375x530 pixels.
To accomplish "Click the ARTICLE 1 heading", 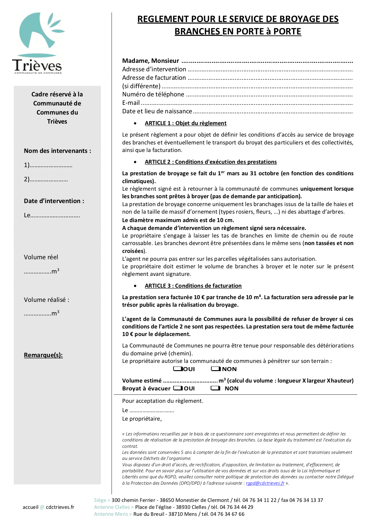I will coord(185,123).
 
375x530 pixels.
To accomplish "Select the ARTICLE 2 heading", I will coord(210,162).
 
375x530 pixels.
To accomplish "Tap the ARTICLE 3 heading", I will coord(193,286).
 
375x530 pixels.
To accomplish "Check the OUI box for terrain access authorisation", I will coord(178,369).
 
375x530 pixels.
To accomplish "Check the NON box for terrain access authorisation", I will coord(216,369).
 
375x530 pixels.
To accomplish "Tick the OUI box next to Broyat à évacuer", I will coord(178,388).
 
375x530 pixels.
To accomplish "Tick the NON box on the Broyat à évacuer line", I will coord(215,388).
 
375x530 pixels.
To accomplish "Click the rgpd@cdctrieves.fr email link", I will coord(265,483).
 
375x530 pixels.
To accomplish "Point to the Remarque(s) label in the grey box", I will coord(43,355).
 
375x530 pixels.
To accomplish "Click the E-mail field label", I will coord(131,103).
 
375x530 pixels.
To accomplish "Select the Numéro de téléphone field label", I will coord(153,95).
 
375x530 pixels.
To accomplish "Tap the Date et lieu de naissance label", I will coord(157,111).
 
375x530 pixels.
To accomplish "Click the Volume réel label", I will coord(41,257).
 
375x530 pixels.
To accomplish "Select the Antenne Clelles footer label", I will coord(112,507).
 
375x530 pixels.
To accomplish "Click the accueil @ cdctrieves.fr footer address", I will coord(48,507).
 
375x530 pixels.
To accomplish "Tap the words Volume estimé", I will coord(142,381).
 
